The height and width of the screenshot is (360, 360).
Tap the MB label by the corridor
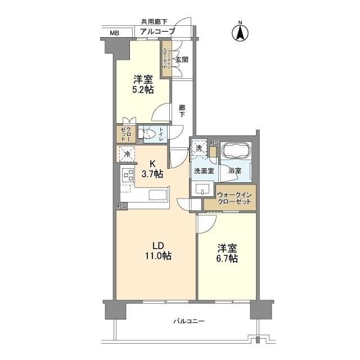pos(114,33)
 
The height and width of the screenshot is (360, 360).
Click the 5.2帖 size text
pos(143,90)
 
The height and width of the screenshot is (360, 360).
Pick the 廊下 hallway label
pos(182,110)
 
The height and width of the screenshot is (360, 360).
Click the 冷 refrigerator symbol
pos(127,154)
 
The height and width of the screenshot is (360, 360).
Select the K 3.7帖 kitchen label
pos(152,169)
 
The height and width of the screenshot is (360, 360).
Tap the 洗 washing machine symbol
pos(198,147)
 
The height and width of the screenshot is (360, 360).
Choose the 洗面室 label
pos(203,170)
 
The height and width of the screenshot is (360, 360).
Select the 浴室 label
pos(235,170)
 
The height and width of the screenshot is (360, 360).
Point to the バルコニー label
pos(188,321)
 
